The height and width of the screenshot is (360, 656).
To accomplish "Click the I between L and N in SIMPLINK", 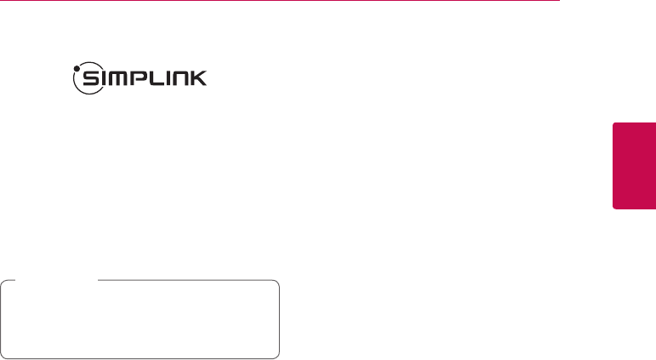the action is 171,80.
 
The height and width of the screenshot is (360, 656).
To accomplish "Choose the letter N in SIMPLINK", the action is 185,80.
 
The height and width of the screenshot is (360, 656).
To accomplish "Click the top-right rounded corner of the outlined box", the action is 277,283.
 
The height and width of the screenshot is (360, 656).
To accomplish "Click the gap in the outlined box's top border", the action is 51,281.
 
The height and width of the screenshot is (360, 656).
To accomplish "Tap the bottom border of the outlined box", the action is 140,357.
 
